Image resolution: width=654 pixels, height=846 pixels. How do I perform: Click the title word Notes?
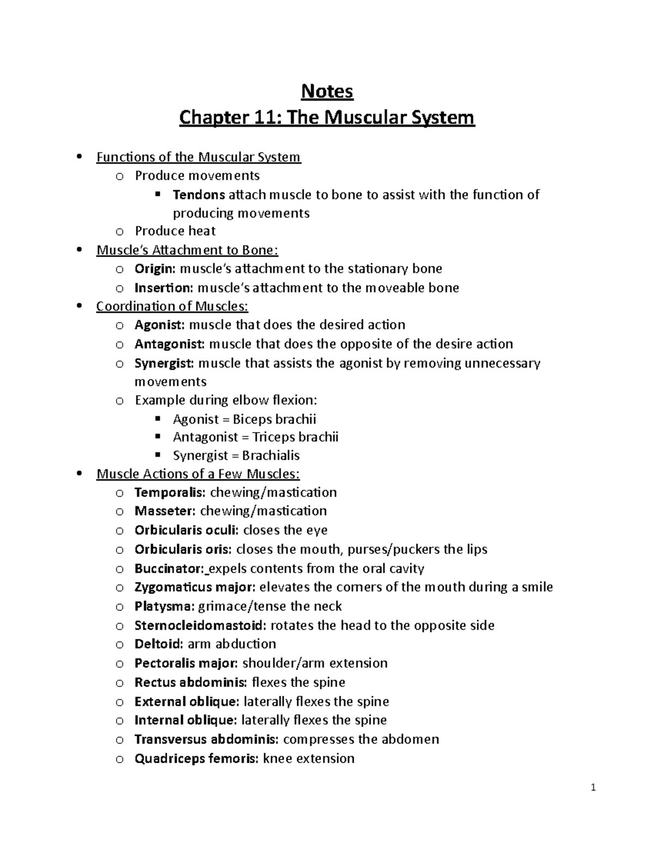(327, 91)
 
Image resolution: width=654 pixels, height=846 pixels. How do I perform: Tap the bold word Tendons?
(199, 194)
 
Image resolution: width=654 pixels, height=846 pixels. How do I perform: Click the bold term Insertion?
(163, 288)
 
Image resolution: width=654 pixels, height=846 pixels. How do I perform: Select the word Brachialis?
(271, 455)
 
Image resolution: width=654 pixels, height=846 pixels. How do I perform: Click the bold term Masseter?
(164, 511)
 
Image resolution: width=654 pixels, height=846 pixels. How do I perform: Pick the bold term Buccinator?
(169, 569)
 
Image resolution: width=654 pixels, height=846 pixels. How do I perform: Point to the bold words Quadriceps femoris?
(196, 758)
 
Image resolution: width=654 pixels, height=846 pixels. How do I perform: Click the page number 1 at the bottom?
(594, 788)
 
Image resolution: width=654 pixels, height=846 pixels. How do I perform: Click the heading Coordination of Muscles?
(172, 306)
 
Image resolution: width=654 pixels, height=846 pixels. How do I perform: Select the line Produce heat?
(175, 231)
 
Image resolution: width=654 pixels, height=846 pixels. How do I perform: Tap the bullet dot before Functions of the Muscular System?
(81, 157)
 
